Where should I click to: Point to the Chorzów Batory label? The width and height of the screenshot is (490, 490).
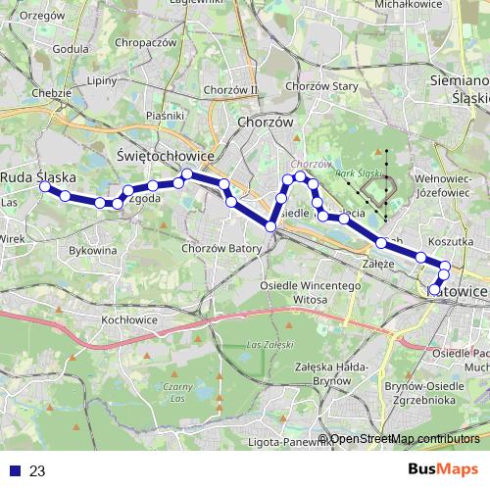tap(221, 249)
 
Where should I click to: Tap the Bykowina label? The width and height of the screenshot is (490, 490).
tap(93, 250)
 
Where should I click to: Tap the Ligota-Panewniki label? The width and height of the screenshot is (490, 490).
tap(284, 441)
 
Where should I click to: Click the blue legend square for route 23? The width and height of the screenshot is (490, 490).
tap(11, 471)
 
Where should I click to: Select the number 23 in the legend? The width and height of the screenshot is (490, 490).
tap(37, 471)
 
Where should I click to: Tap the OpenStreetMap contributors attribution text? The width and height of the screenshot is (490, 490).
tap(405, 439)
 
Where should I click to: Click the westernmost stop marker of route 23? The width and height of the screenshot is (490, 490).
tap(45, 185)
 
